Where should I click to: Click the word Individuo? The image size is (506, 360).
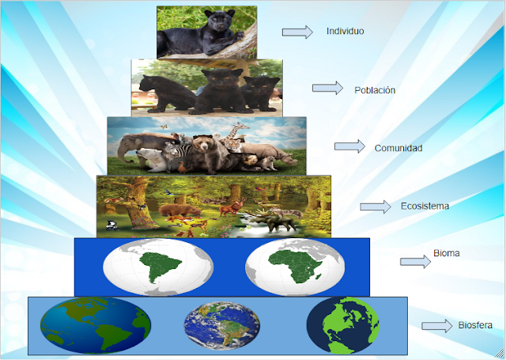pos(345,32)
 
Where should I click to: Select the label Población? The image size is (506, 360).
pos(375,90)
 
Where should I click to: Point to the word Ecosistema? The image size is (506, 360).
pos(425,207)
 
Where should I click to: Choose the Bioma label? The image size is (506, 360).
pos(447,254)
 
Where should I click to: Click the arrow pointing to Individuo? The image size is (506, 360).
pos(298,32)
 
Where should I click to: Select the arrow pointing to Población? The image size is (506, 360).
pos(327,89)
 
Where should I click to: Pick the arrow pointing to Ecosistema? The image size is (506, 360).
pos(376,207)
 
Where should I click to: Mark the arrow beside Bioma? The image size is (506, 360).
pos(415,262)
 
